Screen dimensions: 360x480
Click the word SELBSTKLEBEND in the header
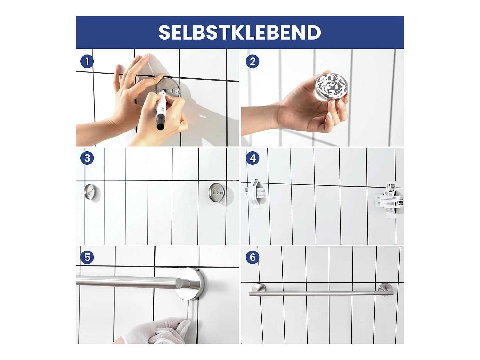pyautogui.click(x=240, y=32)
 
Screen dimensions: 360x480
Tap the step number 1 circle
pyautogui.click(x=87, y=61)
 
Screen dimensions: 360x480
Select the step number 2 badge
pyautogui.click(x=252, y=61)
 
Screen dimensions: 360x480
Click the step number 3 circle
pyautogui.click(x=87, y=158)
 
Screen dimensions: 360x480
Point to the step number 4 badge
pyautogui.click(x=252, y=158)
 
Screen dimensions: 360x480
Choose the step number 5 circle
pyautogui.click(x=87, y=257)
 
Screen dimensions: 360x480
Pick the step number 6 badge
pyautogui.click(x=252, y=257)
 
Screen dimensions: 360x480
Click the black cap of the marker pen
pyautogui.click(x=160, y=123)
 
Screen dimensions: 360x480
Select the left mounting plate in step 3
pyautogui.click(x=90, y=192)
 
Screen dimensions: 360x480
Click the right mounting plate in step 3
pyautogui.click(x=217, y=193)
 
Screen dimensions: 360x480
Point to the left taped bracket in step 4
pyautogui.click(x=256, y=193)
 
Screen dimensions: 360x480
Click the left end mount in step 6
pyautogui.click(x=258, y=288)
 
